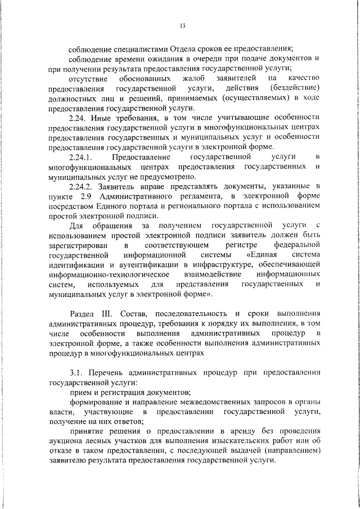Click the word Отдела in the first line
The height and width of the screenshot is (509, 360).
click(x=179, y=48)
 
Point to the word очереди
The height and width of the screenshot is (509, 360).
click(x=200, y=58)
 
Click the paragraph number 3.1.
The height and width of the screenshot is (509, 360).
click(x=77, y=373)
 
